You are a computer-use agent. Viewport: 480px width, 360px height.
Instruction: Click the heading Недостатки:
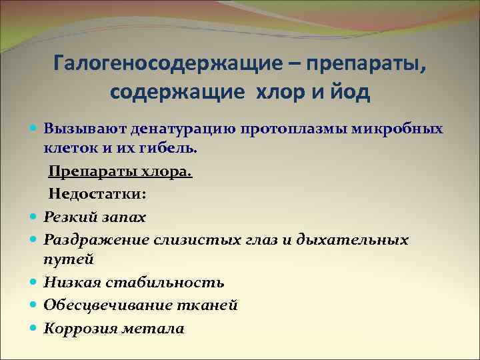[x=97, y=194]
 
